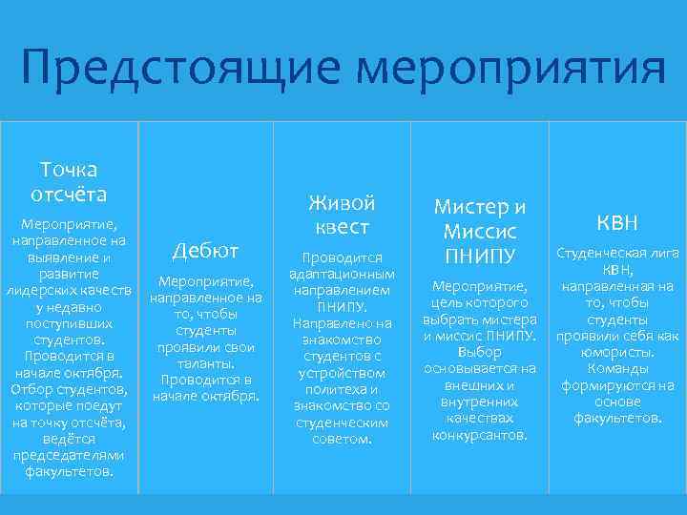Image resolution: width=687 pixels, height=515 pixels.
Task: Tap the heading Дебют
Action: (x=205, y=250)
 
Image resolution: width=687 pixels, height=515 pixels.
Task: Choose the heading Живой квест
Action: (x=342, y=216)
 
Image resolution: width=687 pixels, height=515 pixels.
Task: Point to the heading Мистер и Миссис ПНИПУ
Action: (x=480, y=232)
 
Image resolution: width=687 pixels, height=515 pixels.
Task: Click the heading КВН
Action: (x=617, y=223)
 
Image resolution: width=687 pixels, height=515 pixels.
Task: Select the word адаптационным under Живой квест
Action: (x=342, y=273)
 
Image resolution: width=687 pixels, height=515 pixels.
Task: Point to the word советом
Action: (x=342, y=440)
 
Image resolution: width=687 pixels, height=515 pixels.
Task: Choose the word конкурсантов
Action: (x=480, y=435)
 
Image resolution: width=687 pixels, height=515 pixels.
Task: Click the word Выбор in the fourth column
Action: (x=480, y=351)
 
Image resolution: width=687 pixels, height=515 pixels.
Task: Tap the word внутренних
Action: (x=480, y=402)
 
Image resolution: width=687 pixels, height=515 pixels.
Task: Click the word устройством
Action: (x=342, y=373)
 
